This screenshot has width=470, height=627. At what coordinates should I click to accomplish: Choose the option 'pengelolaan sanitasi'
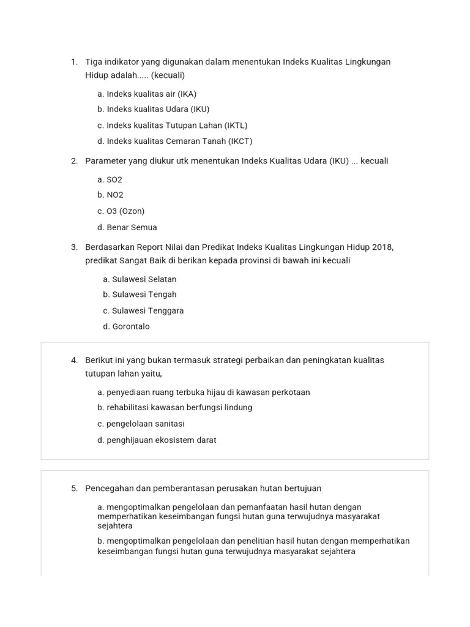point(141,424)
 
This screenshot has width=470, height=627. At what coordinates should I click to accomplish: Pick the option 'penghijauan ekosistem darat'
point(157,440)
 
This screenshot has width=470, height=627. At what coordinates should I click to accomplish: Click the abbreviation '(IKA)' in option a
point(187,94)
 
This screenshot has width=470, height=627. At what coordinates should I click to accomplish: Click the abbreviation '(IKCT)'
point(240,141)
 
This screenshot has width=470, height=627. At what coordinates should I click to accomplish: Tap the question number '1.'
point(74,62)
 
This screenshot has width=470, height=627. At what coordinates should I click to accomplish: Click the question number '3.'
point(74,247)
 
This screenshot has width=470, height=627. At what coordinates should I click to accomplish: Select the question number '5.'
point(74,489)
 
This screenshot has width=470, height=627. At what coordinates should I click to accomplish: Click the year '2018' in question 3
point(382,247)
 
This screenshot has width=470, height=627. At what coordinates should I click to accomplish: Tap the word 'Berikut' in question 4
point(99,360)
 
